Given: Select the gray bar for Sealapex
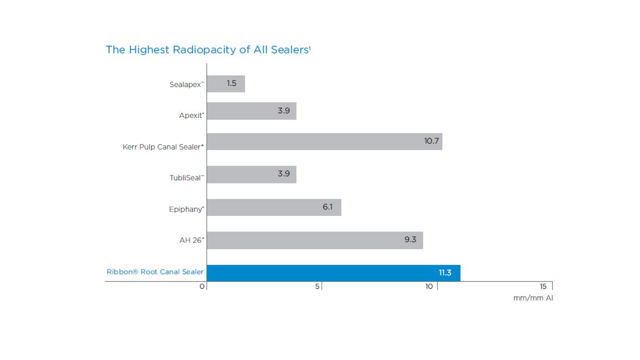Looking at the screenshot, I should coord(226,84).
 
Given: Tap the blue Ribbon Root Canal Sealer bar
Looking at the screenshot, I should coord(333,273).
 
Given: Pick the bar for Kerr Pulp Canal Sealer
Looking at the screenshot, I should coord(324,141).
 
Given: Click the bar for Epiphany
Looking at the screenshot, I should coord(274,207).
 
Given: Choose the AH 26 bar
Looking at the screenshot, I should coord(315,240).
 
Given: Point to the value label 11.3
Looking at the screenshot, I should coord(445,273).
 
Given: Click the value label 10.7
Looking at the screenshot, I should coord(431,141).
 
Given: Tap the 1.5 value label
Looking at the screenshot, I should coord(231,83).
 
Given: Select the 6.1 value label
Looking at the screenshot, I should coord(327,207).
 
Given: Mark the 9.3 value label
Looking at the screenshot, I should coord(410,239).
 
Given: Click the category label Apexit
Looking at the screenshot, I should coord(191,115).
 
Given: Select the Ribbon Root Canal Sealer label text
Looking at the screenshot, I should coord(155,272).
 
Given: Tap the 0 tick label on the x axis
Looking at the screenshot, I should coord(202,287).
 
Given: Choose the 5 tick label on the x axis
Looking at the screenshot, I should coord(318,286).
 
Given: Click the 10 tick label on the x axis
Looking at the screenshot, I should coord(429,286).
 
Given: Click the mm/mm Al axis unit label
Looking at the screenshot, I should coord(533,299).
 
